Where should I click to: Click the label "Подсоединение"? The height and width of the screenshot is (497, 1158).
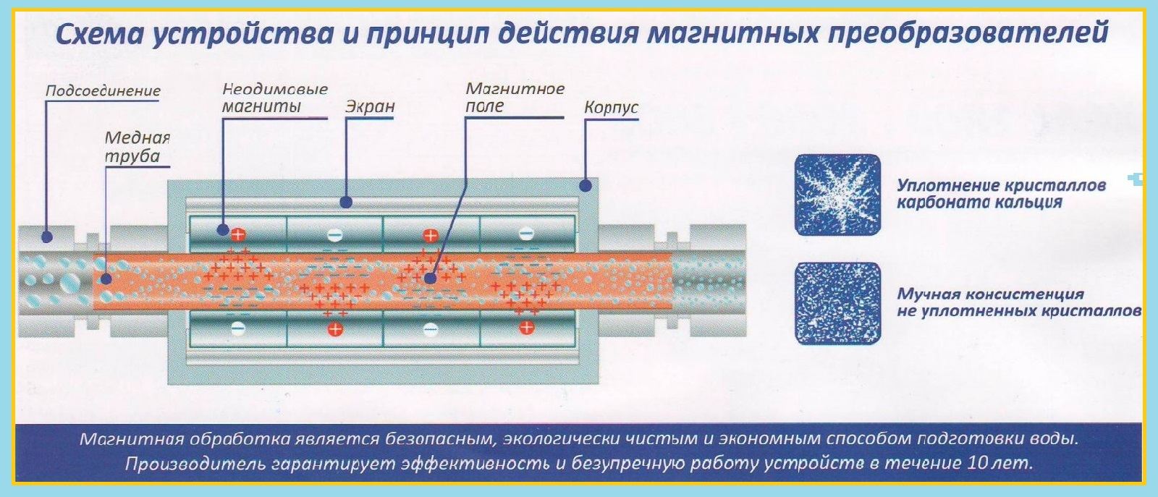pyautogui.click(x=103, y=91)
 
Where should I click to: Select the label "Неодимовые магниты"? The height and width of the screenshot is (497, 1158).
pyautogui.click(x=274, y=98)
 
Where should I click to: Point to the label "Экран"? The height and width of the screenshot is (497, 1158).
pyautogui.click(x=369, y=106)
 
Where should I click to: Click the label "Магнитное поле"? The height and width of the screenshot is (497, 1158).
pyautogui.click(x=515, y=98)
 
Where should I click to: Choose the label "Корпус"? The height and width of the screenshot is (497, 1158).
pyautogui.click(x=611, y=108)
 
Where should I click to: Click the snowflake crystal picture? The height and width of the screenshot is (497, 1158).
pyautogui.click(x=838, y=195)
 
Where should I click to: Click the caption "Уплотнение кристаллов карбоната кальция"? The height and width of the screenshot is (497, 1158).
pyautogui.click(x=1001, y=194)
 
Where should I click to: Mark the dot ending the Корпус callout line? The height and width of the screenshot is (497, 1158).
pyautogui.click(x=585, y=186)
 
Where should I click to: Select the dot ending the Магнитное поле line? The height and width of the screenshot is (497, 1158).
pyautogui.click(x=429, y=278)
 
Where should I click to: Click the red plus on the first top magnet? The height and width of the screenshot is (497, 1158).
pyautogui.click(x=238, y=234)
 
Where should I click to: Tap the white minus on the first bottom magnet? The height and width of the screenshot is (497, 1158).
pyautogui.click(x=238, y=329)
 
